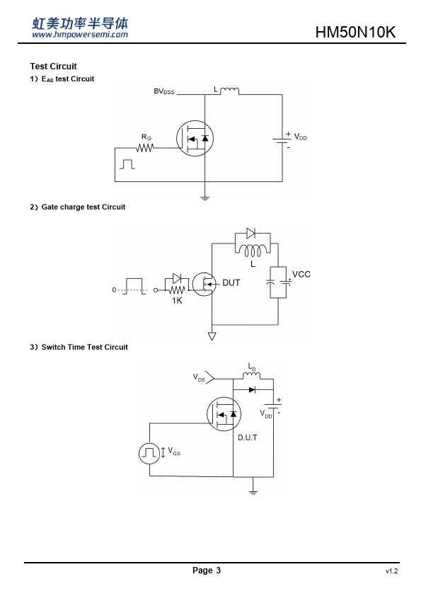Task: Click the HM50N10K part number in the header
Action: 355,32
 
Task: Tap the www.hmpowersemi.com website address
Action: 80,35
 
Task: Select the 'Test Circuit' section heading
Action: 54,66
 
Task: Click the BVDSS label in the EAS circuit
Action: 164,91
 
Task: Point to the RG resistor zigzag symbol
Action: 145,147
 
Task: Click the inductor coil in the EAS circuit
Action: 229,91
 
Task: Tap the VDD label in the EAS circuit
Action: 301,137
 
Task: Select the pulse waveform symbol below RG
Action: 127,164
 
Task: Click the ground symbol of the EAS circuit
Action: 204,197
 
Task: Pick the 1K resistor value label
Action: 177,301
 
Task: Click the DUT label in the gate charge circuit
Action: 231,283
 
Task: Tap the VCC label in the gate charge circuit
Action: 301,274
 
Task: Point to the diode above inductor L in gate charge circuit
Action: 250,233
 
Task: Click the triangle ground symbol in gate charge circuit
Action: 212,336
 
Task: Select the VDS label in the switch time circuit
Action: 199,377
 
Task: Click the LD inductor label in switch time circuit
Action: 252,367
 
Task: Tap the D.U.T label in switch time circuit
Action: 248,437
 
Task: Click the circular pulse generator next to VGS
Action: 149,453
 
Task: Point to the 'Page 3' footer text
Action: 207,570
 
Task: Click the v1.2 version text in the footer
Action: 392,571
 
